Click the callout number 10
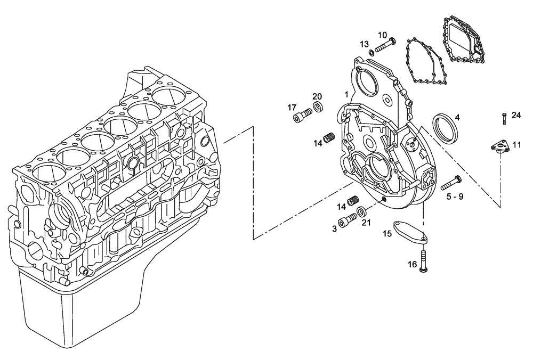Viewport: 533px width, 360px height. (x=383, y=35)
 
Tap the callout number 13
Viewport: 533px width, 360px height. (x=364, y=44)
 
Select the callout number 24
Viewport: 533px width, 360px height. (x=516, y=115)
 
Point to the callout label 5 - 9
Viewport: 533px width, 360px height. (x=455, y=197)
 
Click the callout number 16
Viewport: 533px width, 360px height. (x=413, y=265)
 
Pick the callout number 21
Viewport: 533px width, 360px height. (x=366, y=223)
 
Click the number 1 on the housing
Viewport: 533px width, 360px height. (x=346, y=94)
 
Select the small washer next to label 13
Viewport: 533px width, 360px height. (x=371, y=52)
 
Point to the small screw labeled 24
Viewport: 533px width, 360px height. (x=504, y=118)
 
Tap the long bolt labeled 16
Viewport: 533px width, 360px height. (x=423, y=261)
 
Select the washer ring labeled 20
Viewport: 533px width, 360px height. (x=318, y=108)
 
